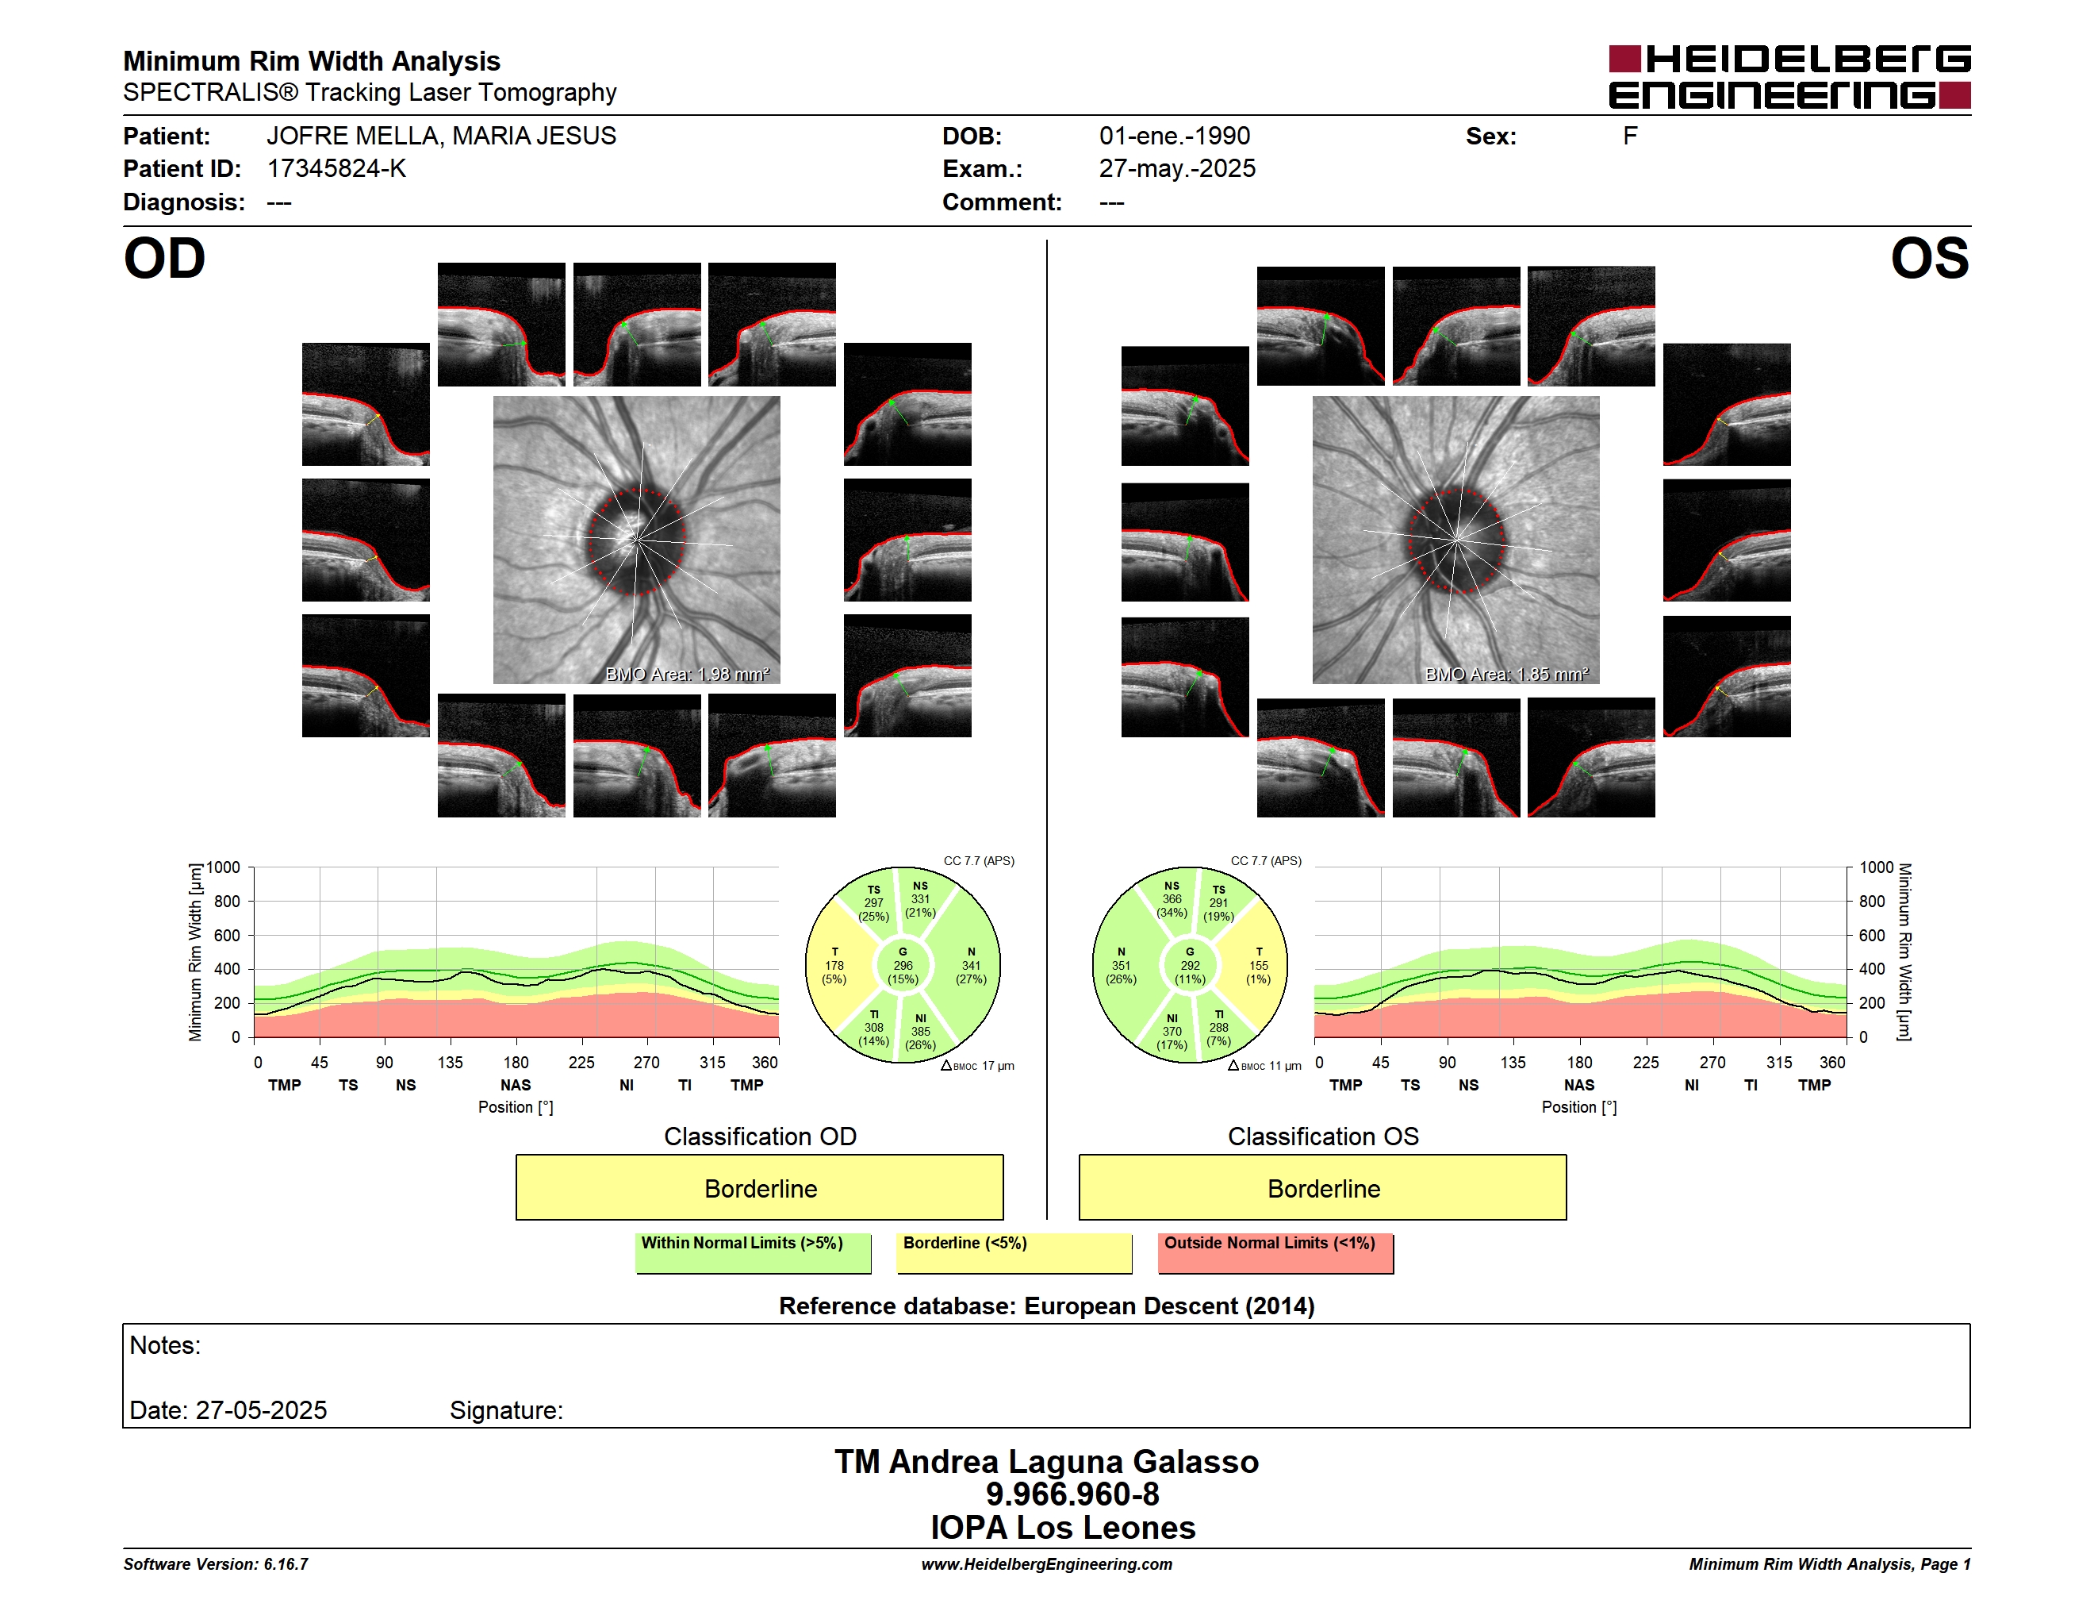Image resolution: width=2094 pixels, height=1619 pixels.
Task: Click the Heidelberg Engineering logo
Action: (x=1789, y=77)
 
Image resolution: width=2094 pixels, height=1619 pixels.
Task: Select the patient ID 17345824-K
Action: (x=336, y=169)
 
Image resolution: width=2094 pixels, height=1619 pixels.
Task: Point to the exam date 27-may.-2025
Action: (x=1176, y=169)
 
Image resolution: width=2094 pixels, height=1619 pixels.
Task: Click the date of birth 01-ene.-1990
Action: (x=1175, y=137)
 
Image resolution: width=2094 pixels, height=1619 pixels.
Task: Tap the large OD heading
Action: (x=164, y=259)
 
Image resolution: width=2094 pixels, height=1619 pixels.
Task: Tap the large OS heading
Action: (x=1929, y=259)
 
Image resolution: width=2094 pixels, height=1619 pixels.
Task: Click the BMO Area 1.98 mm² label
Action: (x=688, y=675)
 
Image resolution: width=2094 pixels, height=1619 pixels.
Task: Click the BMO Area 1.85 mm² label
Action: (x=1506, y=675)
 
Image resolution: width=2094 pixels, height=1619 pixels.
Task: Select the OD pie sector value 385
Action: (x=920, y=1032)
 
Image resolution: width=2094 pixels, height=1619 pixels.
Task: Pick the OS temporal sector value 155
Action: (x=1259, y=966)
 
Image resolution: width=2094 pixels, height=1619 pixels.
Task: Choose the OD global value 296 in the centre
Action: (x=903, y=966)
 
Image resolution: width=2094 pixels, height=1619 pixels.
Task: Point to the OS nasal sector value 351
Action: (x=1121, y=966)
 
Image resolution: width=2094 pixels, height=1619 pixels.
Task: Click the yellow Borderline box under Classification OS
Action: (x=1323, y=1187)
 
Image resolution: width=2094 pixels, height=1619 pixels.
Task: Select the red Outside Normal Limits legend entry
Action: (x=1275, y=1252)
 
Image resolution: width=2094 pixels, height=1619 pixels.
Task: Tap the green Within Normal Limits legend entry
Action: (x=753, y=1252)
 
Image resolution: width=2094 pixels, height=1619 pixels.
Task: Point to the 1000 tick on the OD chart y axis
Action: (x=224, y=868)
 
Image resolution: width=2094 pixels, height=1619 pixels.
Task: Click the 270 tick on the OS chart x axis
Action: (x=1712, y=1063)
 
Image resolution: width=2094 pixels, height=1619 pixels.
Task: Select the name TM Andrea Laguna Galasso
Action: (x=1046, y=1462)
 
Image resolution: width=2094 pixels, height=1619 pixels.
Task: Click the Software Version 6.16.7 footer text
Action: (x=216, y=1564)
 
